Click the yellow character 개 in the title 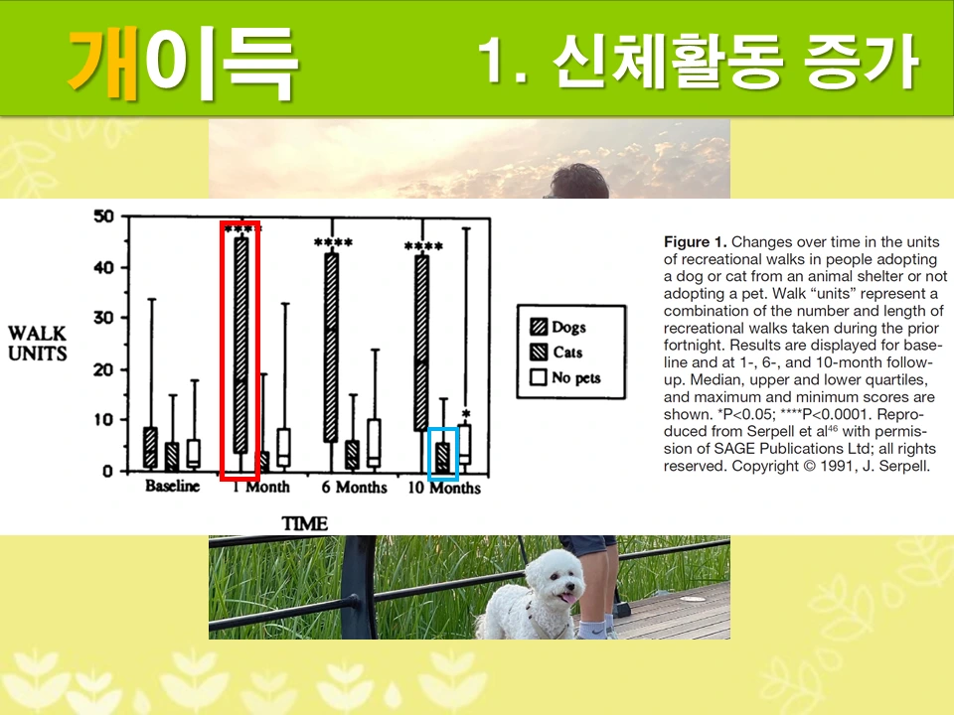(x=104, y=61)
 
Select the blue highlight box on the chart (x=442, y=454)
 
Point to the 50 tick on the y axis (x=103, y=216)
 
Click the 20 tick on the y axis (x=103, y=369)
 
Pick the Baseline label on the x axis (x=172, y=487)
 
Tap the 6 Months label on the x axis (x=354, y=488)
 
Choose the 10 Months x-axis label (x=444, y=488)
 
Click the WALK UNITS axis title (x=38, y=343)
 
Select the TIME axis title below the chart (x=304, y=522)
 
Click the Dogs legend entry (x=568, y=327)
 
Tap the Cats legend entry (x=567, y=353)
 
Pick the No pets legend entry (x=575, y=378)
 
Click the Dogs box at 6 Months (x=331, y=348)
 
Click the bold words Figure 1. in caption (x=696, y=242)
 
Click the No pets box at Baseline (x=193, y=453)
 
